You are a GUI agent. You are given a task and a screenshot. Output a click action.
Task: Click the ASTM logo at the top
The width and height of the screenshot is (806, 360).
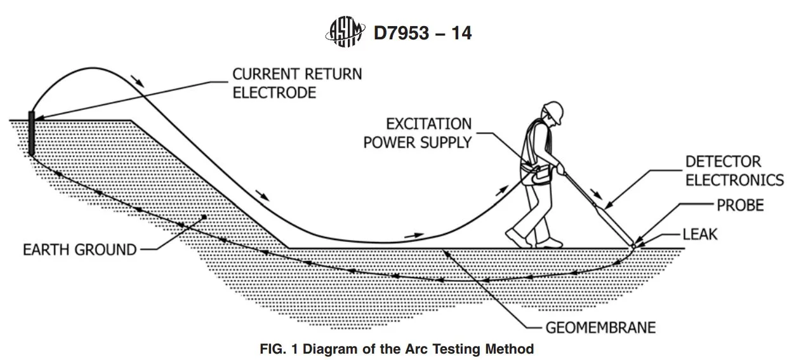345,32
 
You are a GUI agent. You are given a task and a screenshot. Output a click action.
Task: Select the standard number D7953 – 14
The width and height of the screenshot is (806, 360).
423,33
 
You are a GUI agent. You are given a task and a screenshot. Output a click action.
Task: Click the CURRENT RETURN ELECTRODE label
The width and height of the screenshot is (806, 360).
297,83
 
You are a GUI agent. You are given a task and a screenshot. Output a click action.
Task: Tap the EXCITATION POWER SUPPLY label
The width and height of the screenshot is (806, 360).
418,133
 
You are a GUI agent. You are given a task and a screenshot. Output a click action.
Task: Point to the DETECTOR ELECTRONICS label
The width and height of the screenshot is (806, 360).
734,171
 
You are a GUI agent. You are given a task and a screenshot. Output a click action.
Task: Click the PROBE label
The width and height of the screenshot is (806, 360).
740,205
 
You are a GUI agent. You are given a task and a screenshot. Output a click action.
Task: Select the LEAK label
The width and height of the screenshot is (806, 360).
700,234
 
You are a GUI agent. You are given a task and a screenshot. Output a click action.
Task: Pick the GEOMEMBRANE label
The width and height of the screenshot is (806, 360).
600,328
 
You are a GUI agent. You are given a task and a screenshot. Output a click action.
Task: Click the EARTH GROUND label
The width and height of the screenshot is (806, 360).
79,250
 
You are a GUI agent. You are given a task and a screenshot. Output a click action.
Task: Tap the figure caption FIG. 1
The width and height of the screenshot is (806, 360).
397,349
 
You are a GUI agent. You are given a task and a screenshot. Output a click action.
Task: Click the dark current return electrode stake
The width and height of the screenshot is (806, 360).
31,133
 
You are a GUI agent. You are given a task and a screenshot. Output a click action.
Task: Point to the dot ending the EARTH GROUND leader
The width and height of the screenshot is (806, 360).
204,217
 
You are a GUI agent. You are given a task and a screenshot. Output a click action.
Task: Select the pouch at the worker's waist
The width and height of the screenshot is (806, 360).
536,176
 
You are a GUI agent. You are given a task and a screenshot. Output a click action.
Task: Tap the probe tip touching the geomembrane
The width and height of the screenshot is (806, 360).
633,246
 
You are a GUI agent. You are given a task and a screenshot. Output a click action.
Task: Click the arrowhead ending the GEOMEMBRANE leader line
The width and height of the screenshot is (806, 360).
447,254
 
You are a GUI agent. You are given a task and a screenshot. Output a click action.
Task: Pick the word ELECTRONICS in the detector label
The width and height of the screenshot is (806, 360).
734,180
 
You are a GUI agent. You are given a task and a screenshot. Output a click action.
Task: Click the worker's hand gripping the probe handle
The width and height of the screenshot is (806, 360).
560,168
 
